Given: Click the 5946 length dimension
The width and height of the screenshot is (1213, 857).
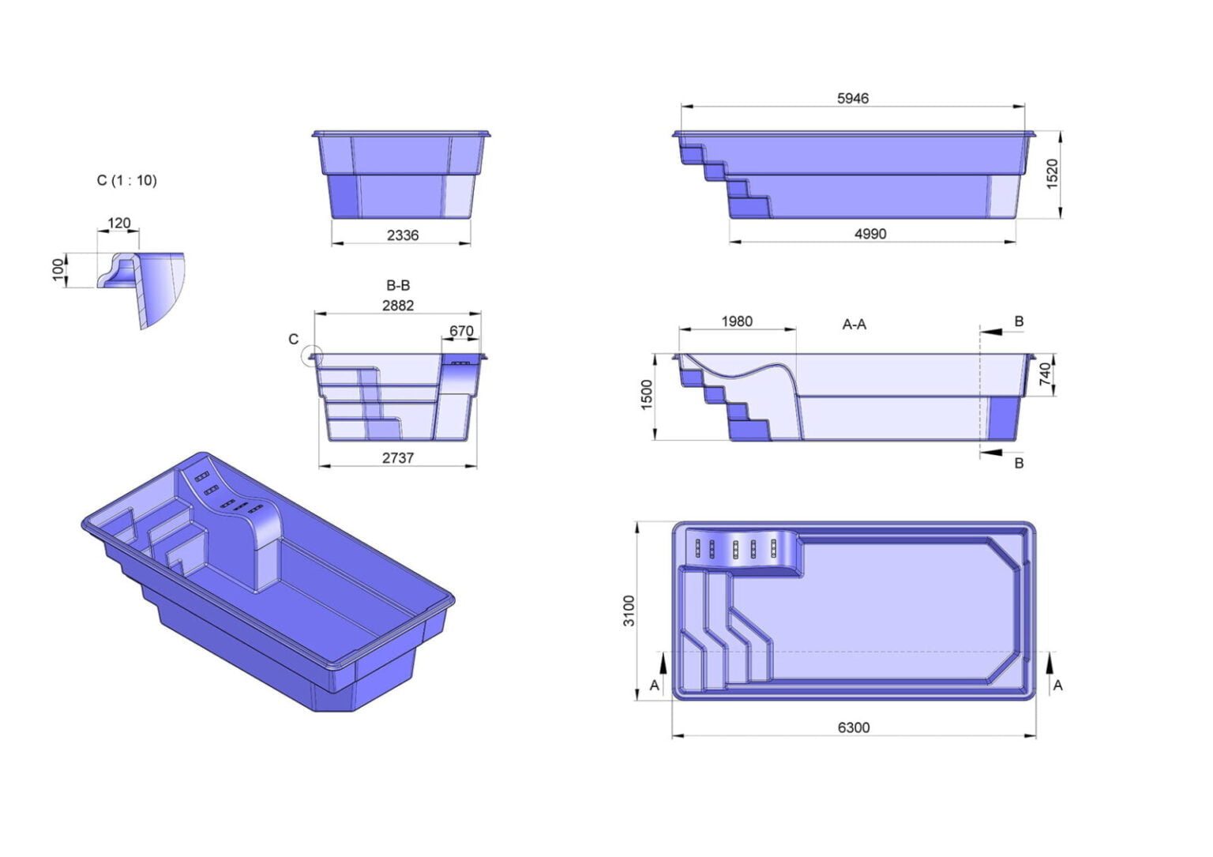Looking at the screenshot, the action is tap(852, 99).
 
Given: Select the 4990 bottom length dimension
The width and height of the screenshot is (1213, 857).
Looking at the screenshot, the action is tap(870, 234).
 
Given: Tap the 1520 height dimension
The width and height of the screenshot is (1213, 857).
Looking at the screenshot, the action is tap(1052, 174).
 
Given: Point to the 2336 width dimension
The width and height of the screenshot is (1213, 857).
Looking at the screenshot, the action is tap(402, 235).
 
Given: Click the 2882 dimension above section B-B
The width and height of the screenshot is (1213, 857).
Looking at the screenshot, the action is tap(398, 306).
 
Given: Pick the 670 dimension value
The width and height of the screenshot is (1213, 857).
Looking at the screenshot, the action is tap(461, 330).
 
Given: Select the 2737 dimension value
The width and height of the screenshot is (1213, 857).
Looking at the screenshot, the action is tap(398, 458).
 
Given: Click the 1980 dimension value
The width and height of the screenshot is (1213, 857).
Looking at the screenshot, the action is tap(737, 321).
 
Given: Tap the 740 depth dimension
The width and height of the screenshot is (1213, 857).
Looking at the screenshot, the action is tap(1046, 374).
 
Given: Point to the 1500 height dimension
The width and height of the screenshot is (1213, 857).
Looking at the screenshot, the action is tap(647, 395).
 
